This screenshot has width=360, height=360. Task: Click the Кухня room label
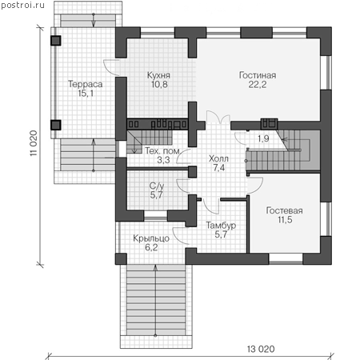(158, 75)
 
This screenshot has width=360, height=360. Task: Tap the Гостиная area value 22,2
(258, 85)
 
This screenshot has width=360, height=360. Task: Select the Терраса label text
(86, 84)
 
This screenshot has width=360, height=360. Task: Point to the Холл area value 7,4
(219, 168)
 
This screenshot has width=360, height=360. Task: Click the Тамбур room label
(221, 226)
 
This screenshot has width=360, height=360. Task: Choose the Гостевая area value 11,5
(285, 220)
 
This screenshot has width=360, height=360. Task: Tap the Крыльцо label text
(151, 238)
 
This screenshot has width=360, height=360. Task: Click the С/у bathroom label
(157, 186)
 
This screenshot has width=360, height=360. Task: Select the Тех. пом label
(162, 151)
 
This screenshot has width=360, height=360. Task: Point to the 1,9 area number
(263, 138)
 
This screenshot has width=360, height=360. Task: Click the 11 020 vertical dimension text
(34, 143)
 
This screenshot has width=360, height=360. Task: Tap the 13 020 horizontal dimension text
(261, 349)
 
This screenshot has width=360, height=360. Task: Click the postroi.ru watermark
(22, 6)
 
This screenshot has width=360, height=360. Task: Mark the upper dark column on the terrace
(56, 41)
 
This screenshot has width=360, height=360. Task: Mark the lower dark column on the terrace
(56, 125)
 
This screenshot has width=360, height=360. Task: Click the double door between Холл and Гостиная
(218, 117)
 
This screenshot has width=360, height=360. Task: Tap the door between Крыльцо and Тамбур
(180, 236)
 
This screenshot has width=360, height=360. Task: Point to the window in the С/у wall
(155, 215)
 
